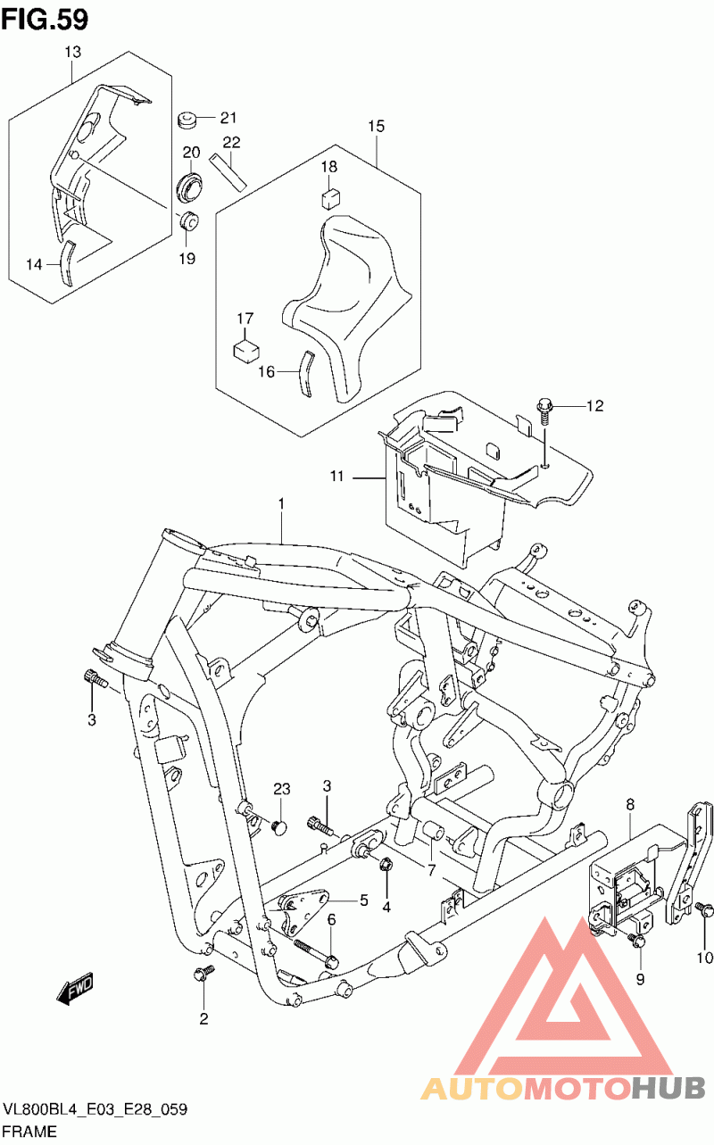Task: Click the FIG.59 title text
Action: click(x=45, y=17)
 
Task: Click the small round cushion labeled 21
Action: click(x=187, y=118)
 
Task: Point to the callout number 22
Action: click(x=232, y=143)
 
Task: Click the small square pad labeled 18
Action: click(x=330, y=198)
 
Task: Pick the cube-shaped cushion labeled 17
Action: click(x=245, y=348)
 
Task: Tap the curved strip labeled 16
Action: click(x=304, y=375)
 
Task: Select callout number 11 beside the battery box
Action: click(x=336, y=477)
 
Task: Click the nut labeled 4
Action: click(x=386, y=864)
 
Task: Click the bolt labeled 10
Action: click(x=704, y=910)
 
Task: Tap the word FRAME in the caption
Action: click(x=30, y=1131)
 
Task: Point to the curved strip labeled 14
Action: click(x=64, y=261)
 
